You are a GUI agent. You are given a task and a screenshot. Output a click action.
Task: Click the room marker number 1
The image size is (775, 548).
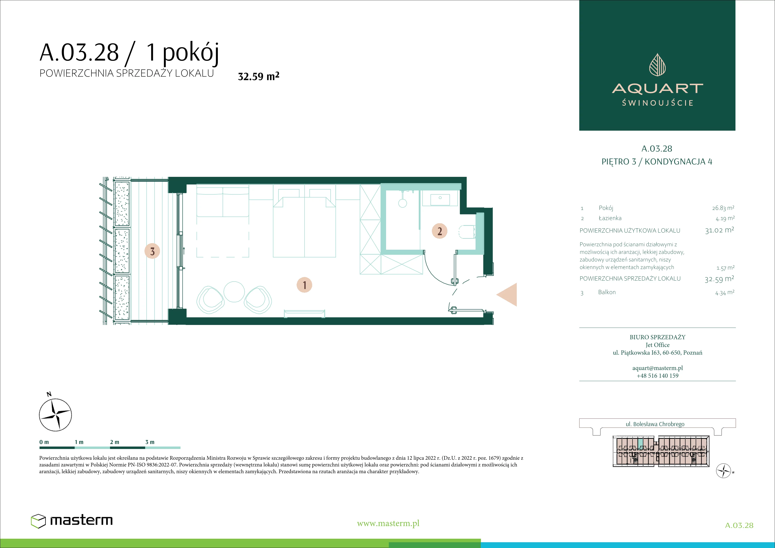[304, 285]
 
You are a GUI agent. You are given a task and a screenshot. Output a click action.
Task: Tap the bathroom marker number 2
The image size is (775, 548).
[439, 231]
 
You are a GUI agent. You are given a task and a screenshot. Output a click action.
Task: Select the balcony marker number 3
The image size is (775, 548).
[152, 251]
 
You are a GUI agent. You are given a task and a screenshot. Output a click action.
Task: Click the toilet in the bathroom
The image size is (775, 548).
[467, 232]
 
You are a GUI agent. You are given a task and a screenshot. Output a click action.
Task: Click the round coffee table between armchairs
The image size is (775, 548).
[234, 291]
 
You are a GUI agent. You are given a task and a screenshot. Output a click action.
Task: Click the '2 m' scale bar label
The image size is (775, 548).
[114, 442]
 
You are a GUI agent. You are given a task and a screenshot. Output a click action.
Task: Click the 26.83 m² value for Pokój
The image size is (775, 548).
[723, 208]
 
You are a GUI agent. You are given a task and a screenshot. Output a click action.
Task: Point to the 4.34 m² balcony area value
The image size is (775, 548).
[725, 292]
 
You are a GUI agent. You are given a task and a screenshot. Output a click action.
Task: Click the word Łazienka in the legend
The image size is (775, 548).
[610, 218]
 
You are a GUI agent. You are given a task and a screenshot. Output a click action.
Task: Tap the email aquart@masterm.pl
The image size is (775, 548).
[657, 368]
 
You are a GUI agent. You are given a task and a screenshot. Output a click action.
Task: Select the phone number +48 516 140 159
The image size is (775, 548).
[657, 375]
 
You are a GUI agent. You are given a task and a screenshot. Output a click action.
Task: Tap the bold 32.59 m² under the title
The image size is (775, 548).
[258, 76]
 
